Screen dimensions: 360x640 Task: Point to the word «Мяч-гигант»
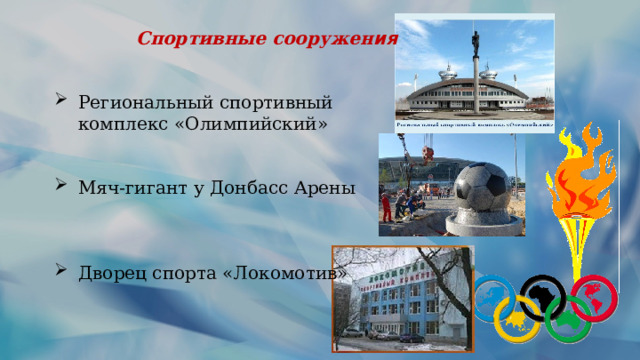click(125, 188)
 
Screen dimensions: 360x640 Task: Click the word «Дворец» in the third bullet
click(109, 273)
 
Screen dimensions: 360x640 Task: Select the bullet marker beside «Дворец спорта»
click(62, 271)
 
